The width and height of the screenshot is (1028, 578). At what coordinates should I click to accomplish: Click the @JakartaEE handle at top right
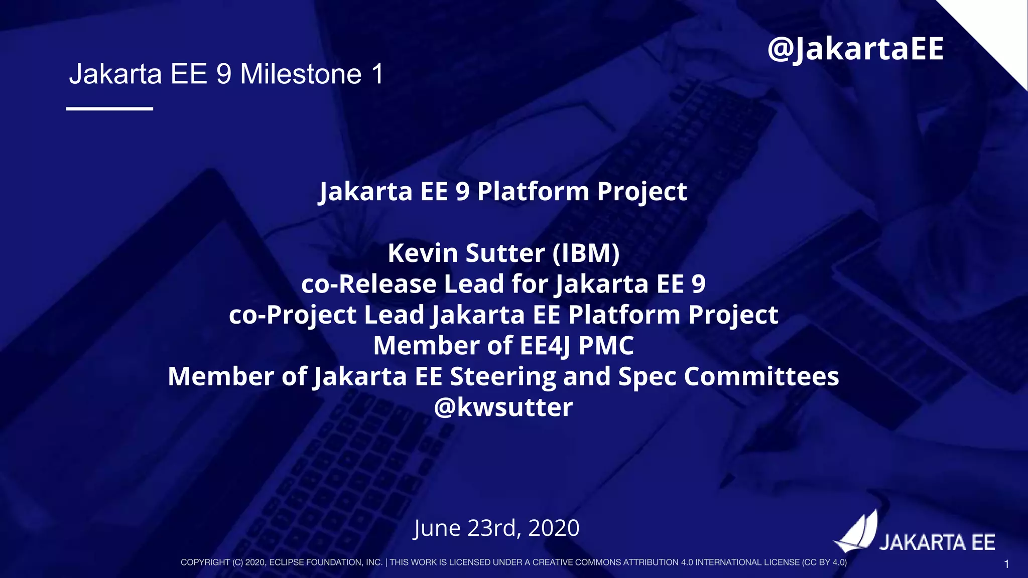click(855, 49)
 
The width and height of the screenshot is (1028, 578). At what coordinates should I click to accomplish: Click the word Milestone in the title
click(301, 74)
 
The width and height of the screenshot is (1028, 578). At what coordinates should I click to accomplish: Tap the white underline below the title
click(109, 108)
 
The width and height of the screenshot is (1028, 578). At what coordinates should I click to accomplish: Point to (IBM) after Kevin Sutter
click(586, 253)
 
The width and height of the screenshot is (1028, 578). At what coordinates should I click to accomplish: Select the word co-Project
click(292, 315)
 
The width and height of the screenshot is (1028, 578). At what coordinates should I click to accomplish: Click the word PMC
click(606, 346)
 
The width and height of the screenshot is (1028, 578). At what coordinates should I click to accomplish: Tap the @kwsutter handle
click(503, 407)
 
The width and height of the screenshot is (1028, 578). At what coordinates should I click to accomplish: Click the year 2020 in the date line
click(554, 528)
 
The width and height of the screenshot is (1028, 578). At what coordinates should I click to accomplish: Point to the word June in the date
click(437, 528)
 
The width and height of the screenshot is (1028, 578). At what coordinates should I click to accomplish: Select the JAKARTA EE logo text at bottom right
click(937, 543)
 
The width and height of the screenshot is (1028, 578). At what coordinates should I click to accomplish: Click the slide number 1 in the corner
click(1006, 564)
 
